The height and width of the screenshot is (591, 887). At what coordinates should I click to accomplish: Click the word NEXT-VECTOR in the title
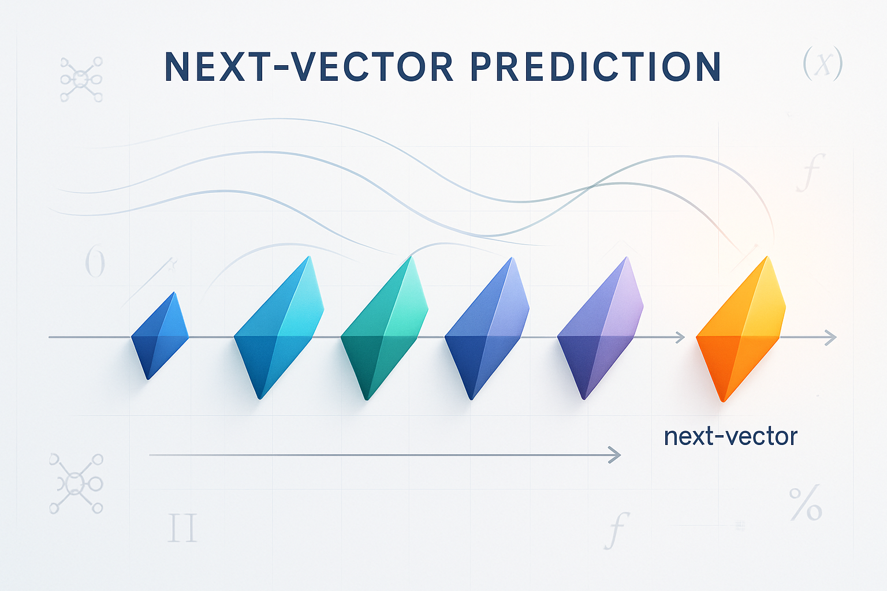coord(309,66)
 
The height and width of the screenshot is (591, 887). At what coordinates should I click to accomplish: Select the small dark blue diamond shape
coord(160,336)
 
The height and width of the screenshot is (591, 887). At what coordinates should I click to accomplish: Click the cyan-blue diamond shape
coord(279,328)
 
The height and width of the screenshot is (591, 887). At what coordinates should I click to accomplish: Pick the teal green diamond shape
coord(384,328)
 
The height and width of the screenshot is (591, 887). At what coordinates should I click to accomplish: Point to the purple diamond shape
coord(600,328)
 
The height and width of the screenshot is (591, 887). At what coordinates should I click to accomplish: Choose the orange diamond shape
coord(741,329)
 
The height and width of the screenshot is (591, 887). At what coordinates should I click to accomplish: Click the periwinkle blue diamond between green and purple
coord(487,328)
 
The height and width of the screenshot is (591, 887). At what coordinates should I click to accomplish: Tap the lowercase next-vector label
coord(731,437)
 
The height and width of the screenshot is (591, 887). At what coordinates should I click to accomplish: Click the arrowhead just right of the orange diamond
coord(831,338)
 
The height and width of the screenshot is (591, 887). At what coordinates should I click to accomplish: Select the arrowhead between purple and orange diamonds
coord(680,338)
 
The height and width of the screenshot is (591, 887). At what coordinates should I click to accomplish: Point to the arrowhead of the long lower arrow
coord(614,455)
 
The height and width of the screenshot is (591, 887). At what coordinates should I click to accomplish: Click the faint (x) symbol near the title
coord(822,63)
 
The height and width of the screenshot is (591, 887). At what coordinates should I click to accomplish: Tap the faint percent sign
coord(806,503)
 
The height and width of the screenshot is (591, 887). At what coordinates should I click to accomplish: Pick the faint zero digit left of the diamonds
coord(95,261)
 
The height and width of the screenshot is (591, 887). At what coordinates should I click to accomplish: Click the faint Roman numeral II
coord(182,528)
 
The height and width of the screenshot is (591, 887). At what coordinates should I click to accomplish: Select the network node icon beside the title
coord(81,79)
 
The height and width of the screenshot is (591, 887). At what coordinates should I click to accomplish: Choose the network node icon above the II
coord(76,484)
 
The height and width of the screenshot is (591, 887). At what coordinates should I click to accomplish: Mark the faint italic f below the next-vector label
coord(617,530)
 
